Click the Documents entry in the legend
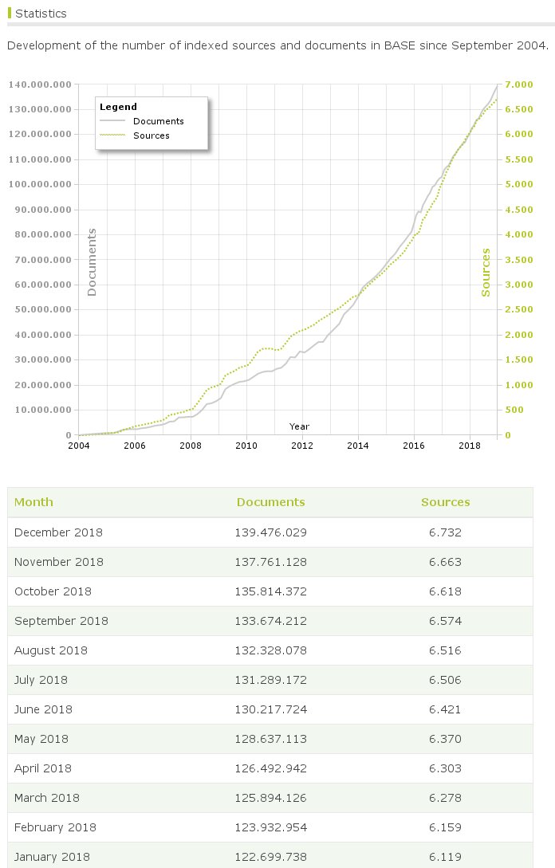158,121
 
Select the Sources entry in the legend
152,136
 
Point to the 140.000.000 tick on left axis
40,84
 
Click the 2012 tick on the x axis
302,446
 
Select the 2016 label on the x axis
414,446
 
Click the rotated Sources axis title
486,272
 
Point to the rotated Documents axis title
92,262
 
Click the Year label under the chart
299,426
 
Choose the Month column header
33,502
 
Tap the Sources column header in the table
445,502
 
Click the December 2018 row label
58,532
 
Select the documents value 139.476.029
271,532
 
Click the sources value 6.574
445,621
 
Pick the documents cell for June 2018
271,709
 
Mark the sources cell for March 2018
445,798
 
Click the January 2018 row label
52,857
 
